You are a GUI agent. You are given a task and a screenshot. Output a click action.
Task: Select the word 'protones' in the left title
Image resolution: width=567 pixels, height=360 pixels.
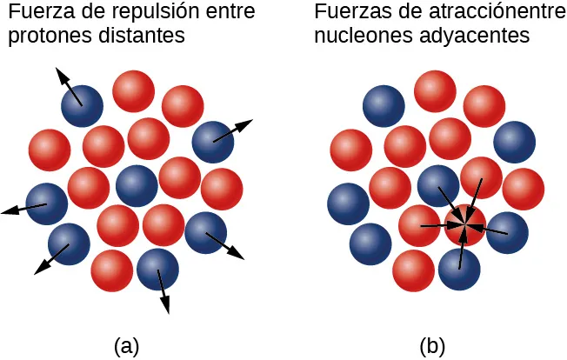click(x=41, y=37)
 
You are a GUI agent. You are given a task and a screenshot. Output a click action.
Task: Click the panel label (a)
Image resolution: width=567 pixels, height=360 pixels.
click(x=126, y=345)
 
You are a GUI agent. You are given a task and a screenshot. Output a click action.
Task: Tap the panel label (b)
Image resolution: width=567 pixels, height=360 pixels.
click(x=432, y=345)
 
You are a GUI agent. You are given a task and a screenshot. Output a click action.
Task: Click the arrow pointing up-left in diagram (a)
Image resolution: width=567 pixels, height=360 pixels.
click(x=69, y=86)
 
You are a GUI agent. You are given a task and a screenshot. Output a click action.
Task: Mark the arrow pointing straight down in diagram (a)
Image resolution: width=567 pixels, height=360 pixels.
click(x=163, y=290)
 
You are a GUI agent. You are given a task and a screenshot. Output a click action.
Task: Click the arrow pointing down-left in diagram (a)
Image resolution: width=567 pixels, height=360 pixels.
click(x=51, y=260)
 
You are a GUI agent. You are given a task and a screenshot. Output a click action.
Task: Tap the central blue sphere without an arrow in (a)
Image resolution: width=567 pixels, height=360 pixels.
click(x=137, y=185)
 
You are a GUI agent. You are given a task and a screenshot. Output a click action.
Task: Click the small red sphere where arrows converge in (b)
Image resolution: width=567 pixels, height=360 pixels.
click(x=464, y=225)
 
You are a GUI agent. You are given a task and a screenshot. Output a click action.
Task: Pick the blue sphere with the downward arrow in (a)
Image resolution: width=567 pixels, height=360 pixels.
click(x=157, y=270)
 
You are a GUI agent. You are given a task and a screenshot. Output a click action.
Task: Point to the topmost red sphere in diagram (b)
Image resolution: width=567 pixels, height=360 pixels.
click(x=435, y=91)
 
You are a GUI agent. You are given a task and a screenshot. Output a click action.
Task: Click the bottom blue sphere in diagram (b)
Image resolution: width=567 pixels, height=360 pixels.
click(x=459, y=270)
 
